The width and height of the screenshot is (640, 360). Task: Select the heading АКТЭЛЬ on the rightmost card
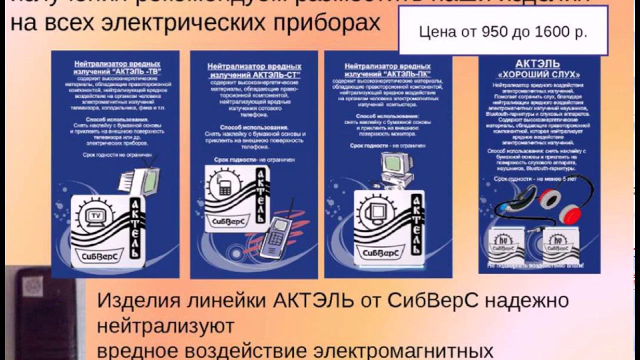537,64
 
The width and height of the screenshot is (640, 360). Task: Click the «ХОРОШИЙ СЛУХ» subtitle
537,74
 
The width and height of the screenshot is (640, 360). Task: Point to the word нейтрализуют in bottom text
165,326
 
